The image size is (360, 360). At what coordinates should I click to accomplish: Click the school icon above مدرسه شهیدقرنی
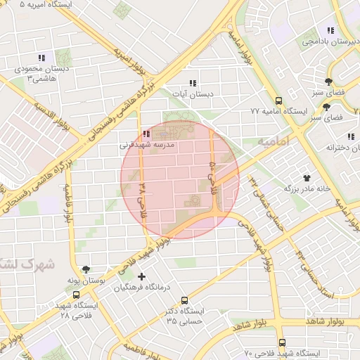point(146,134)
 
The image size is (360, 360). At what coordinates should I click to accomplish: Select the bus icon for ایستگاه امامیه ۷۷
point(279,101)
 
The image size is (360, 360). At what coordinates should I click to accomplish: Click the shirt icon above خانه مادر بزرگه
point(306,178)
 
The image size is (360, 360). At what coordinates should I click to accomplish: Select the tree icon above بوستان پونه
point(86,269)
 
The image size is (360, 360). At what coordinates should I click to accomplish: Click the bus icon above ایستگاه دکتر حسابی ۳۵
point(184,300)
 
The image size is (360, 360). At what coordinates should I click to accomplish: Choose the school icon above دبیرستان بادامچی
point(330,30)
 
